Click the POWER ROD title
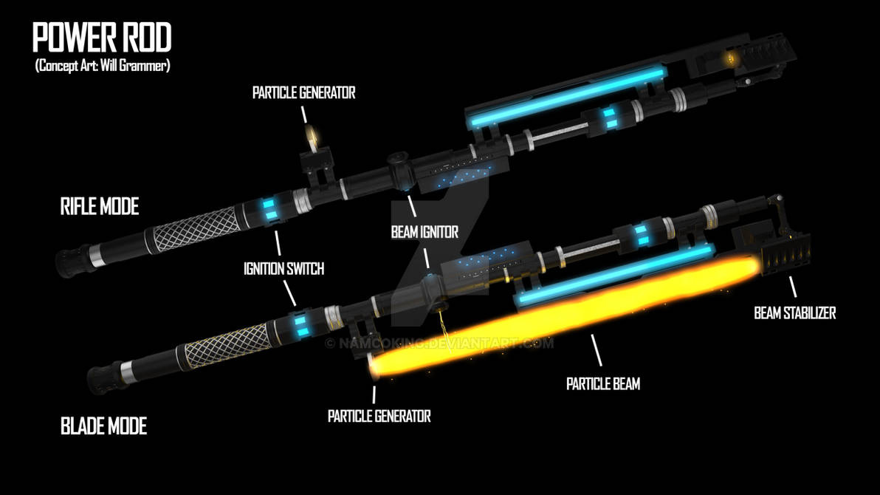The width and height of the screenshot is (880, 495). pos(102,38)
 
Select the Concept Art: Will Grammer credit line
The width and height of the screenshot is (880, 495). pos(103,66)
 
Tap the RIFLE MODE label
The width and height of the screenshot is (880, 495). pos(99,207)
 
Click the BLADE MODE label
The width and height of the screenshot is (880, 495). pos(103,426)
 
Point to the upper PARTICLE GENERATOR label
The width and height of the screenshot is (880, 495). pos(303,93)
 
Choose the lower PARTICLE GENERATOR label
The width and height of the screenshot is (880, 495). pos(379,416)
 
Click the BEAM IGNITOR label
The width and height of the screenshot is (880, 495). pos(424,232)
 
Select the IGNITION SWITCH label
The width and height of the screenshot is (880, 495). pos(283,269)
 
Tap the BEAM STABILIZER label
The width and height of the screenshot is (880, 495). pos(794,313)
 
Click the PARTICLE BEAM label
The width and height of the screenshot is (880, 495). pos(602,384)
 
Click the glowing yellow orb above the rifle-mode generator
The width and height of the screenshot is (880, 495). pos(313,134)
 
